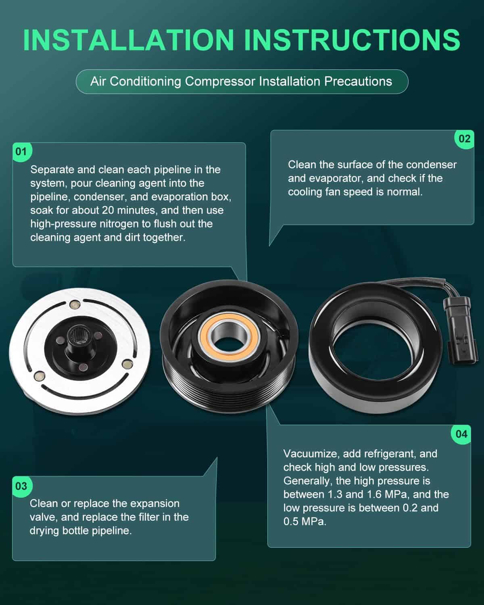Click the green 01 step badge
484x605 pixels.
click(22, 152)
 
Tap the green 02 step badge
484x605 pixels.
click(464, 139)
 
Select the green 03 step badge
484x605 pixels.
click(22, 486)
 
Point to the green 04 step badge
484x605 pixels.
click(461, 434)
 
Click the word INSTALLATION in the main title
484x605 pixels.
click(129, 40)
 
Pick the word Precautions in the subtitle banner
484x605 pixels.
click(358, 81)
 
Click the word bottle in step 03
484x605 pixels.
click(76, 531)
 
